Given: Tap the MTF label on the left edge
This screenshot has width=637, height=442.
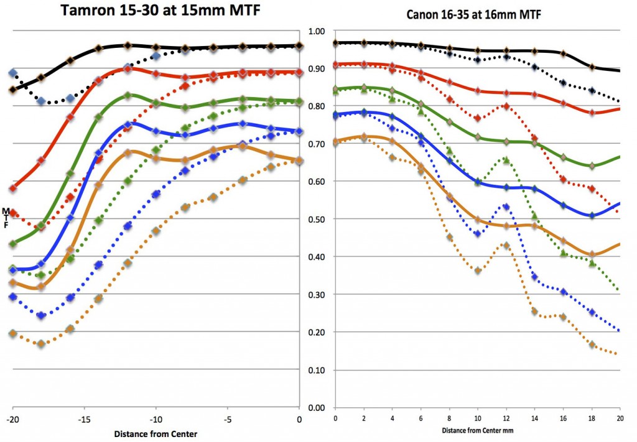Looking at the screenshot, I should pyautogui.click(x=6, y=218).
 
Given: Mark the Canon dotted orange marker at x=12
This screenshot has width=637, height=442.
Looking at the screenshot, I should pyautogui.click(x=506, y=246).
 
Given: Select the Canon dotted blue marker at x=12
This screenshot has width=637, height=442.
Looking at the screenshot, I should pyautogui.click(x=506, y=206).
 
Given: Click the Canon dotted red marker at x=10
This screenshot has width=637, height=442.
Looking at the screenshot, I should pyautogui.click(x=478, y=118).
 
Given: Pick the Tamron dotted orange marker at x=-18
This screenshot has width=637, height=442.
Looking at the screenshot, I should pyautogui.click(x=41, y=344).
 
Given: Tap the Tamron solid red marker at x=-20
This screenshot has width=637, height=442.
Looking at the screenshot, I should pyautogui.click(x=12, y=188).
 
